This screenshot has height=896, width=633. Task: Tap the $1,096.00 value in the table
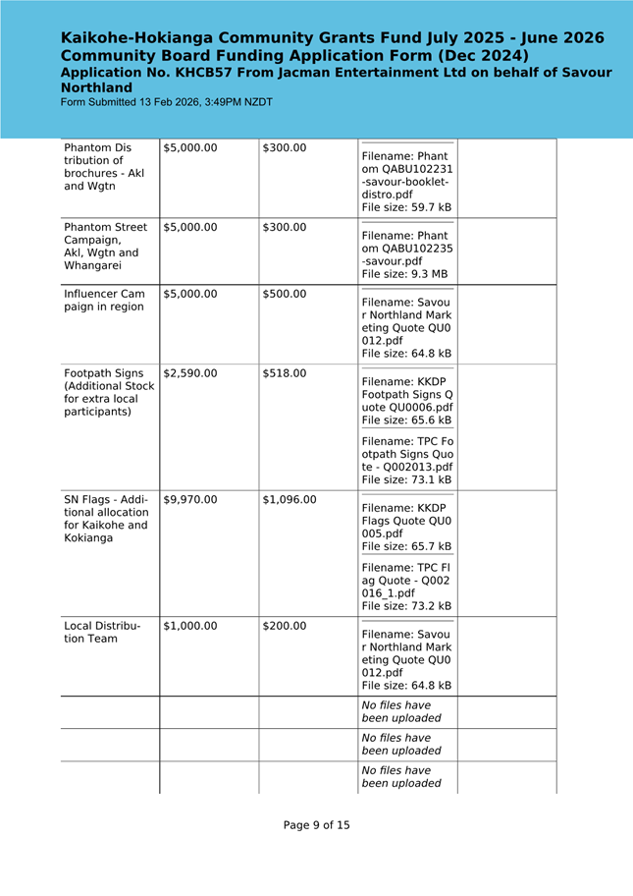290,499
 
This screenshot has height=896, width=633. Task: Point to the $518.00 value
285,373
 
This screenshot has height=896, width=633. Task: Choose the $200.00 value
285,626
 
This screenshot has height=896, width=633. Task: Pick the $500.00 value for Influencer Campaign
285,294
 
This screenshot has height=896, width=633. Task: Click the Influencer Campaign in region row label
104,301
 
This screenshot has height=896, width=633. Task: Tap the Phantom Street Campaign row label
106,247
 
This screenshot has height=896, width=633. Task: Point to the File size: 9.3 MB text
404,274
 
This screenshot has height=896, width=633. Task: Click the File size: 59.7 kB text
406,207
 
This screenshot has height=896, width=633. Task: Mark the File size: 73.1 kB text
406,480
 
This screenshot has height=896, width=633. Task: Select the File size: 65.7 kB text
406,546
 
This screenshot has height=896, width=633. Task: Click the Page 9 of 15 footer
316,825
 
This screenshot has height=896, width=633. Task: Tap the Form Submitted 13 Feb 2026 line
167,102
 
